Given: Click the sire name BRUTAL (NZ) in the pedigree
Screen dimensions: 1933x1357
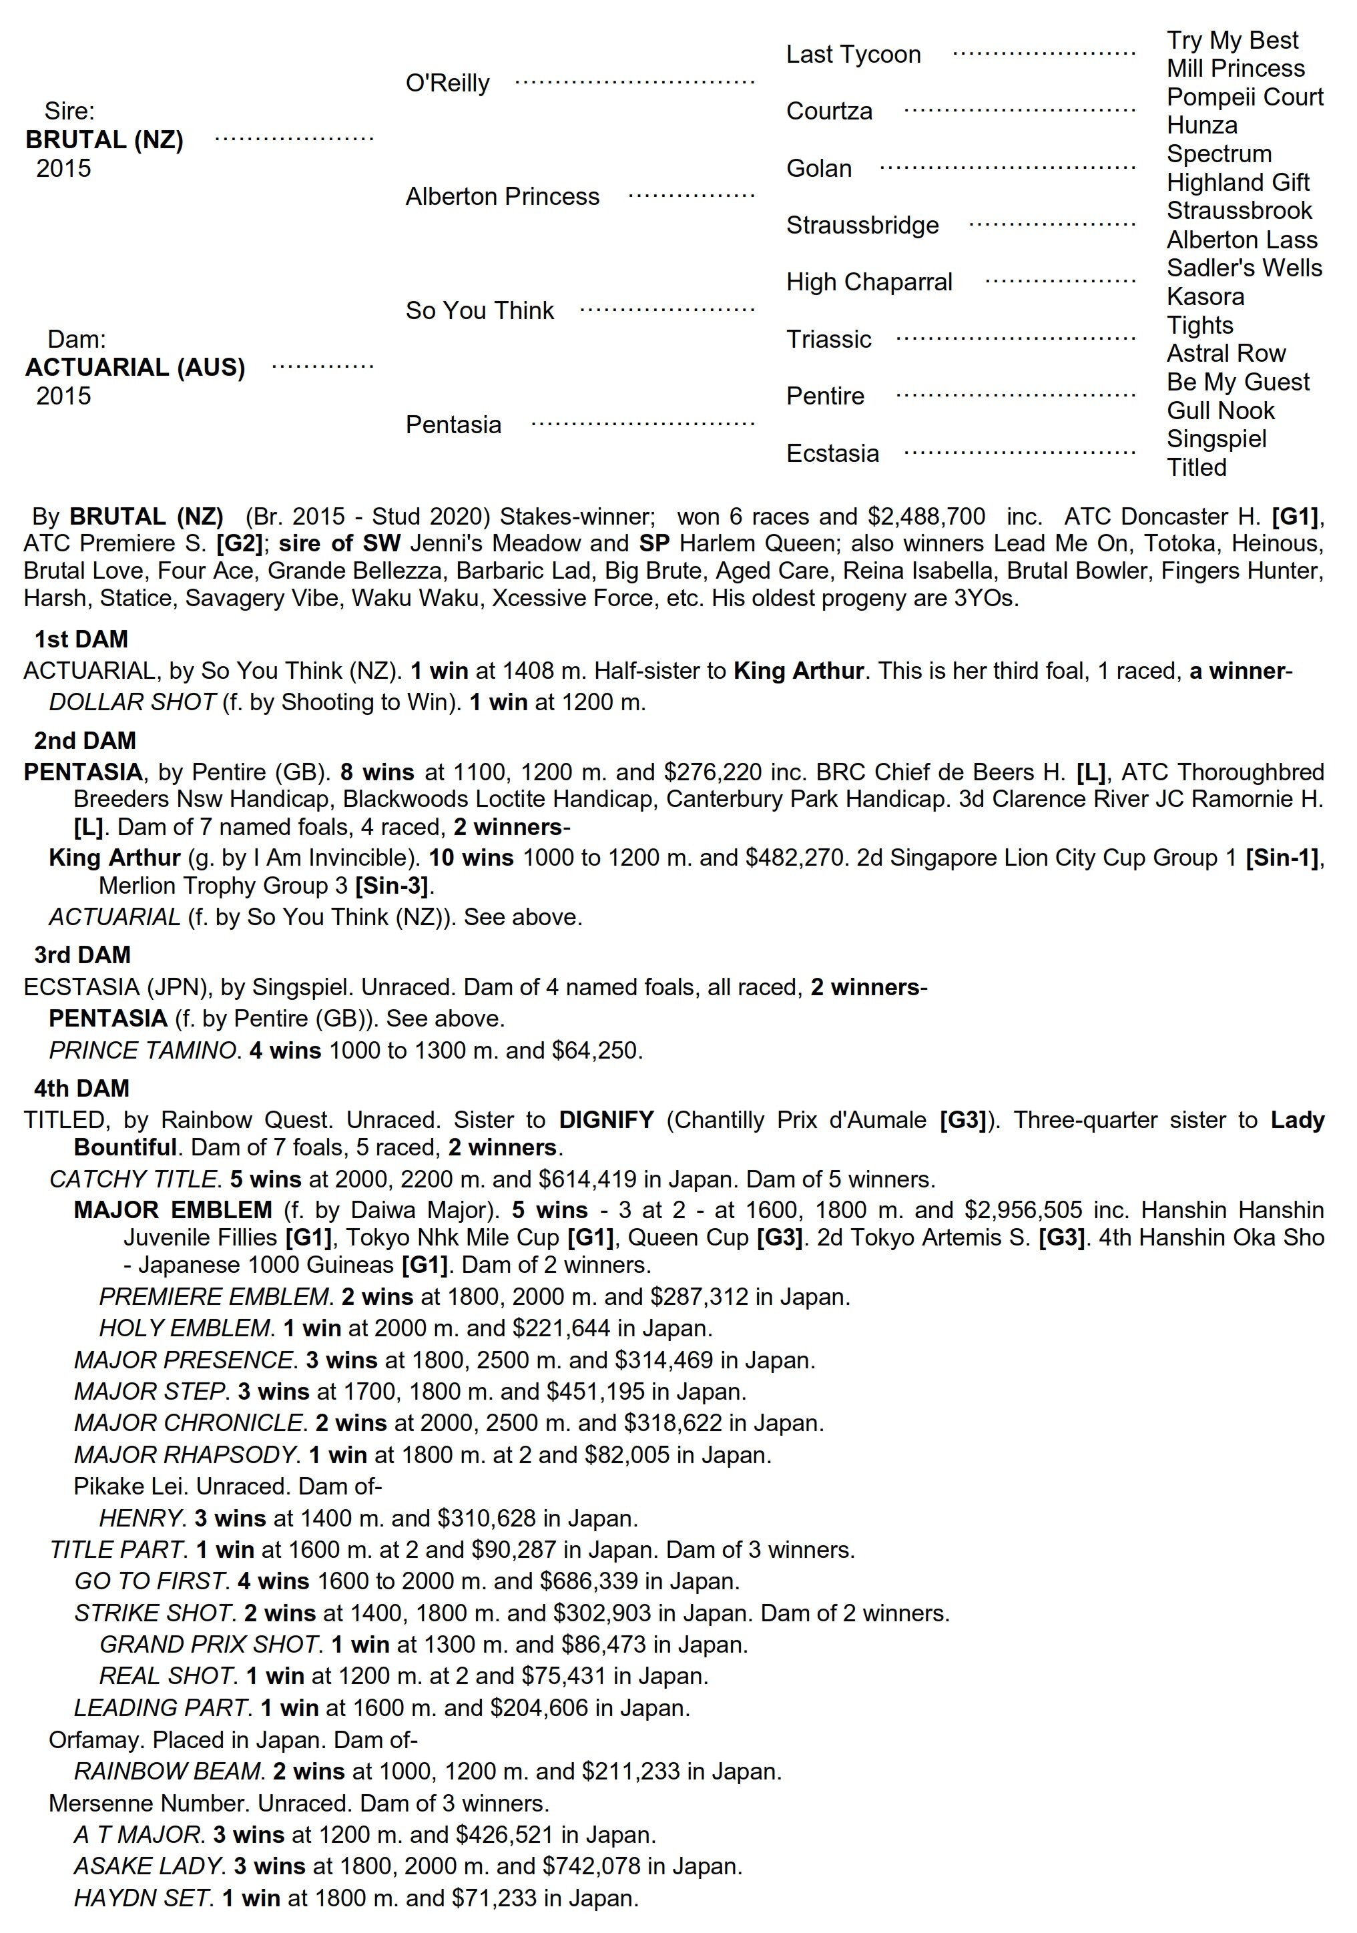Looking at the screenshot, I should (104, 140).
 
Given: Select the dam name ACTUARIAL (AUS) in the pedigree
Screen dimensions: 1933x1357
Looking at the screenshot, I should (135, 367).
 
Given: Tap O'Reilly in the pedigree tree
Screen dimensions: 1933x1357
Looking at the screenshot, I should (447, 83).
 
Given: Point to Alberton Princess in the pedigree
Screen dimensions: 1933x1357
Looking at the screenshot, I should (502, 197).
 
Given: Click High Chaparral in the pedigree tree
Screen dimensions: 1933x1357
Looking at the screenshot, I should (869, 282).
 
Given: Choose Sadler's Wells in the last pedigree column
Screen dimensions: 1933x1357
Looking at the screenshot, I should (1244, 268).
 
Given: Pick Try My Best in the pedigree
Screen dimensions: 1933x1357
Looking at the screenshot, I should (1232, 41).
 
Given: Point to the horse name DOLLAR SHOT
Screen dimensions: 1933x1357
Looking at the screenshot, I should (132, 702).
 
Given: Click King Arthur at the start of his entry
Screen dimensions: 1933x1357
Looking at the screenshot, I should (115, 858).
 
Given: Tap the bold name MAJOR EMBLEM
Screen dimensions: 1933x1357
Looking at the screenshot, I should (173, 1210).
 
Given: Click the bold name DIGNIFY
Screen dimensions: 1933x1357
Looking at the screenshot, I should (606, 1120).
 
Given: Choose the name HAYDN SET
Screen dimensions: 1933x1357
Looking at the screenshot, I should (142, 1898).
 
